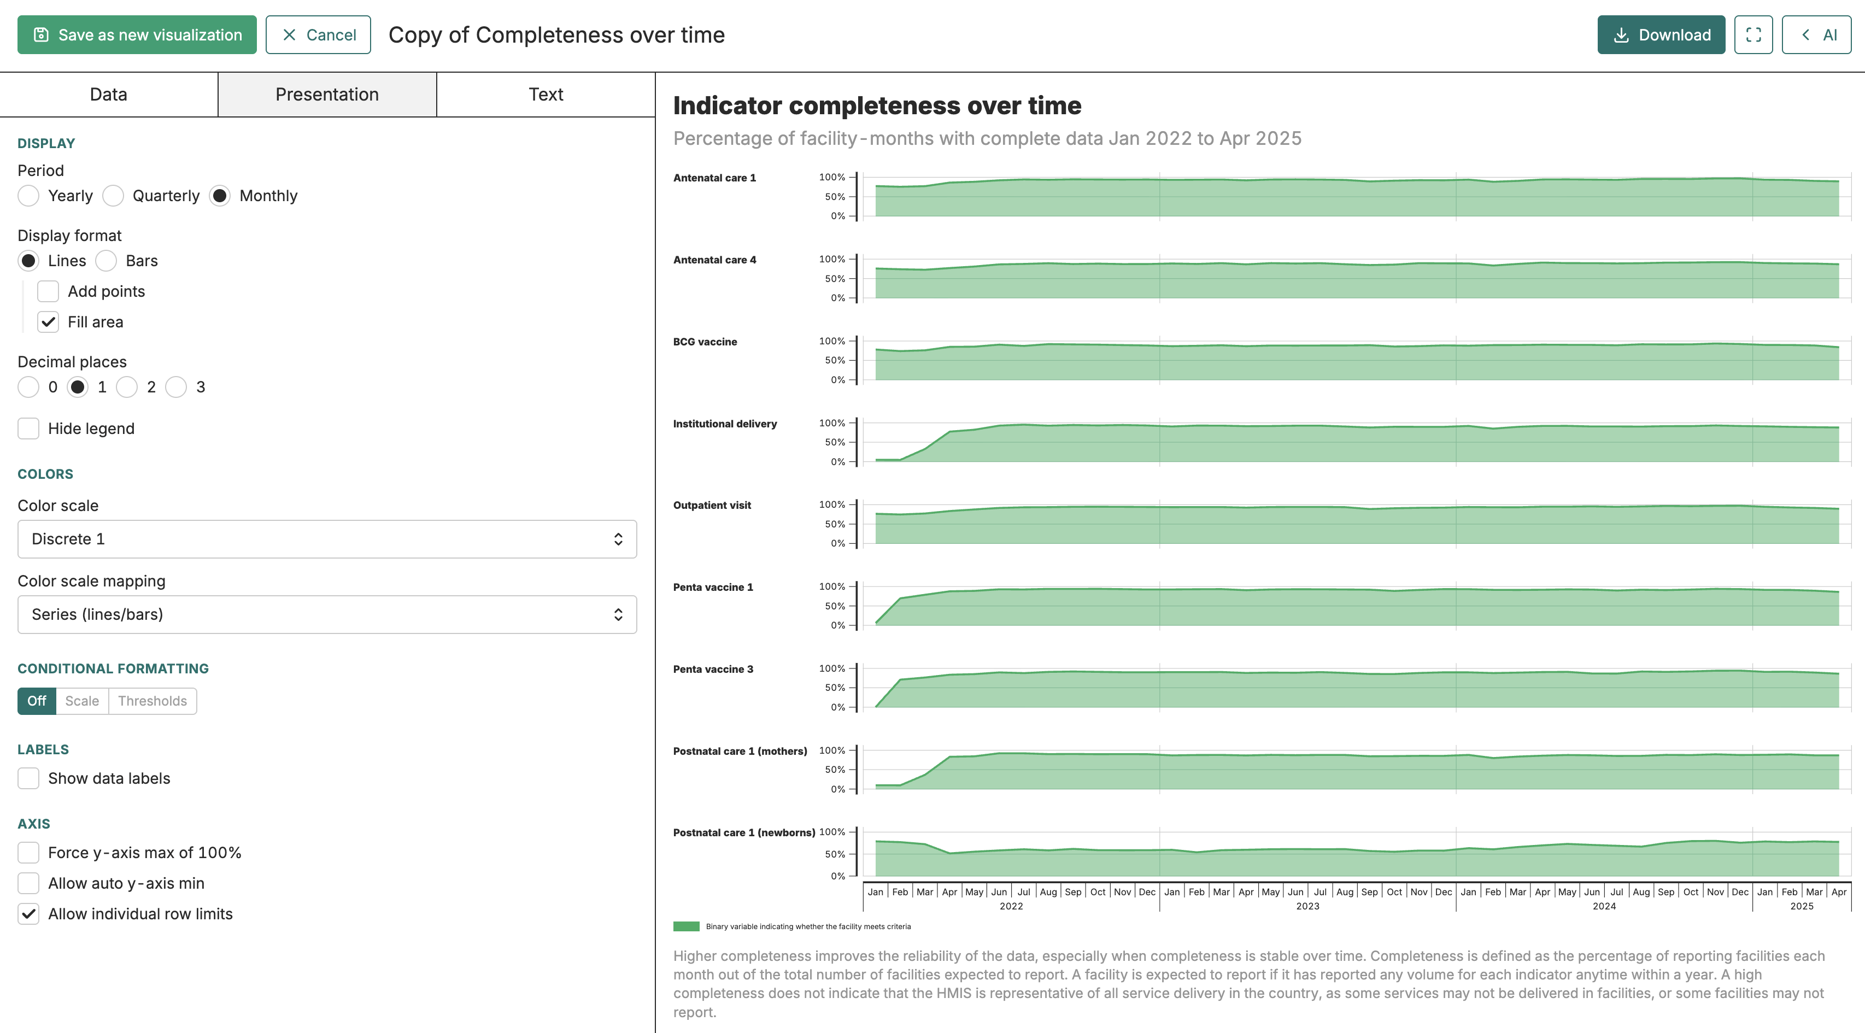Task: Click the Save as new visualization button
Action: pyautogui.click(x=137, y=35)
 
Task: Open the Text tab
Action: pyautogui.click(x=546, y=94)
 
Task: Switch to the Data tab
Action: pyautogui.click(x=109, y=94)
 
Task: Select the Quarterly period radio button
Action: pyautogui.click(x=113, y=196)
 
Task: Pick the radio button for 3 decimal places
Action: pyautogui.click(x=176, y=388)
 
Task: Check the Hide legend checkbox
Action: pyautogui.click(x=28, y=429)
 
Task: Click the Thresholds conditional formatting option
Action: pyautogui.click(x=153, y=701)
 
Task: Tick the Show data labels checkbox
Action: pyautogui.click(x=28, y=778)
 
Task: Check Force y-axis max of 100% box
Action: pyautogui.click(x=28, y=853)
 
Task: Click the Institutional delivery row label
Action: pyautogui.click(x=725, y=424)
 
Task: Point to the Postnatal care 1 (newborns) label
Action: pyautogui.click(x=744, y=832)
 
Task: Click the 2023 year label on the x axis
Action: pyautogui.click(x=1307, y=906)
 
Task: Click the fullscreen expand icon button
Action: pyautogui.click(x=1753, y=35)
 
